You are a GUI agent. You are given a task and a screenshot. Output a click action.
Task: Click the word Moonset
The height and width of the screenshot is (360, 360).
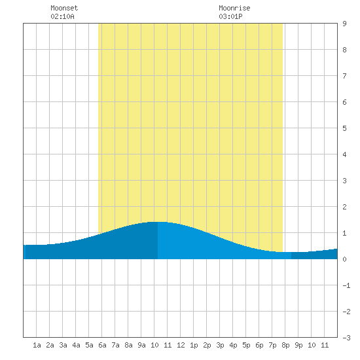point(64,8)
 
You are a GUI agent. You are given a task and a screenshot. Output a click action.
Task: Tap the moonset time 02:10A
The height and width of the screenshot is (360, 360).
point(62,16)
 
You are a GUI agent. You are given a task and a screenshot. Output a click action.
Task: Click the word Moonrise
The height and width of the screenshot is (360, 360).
point(234,8)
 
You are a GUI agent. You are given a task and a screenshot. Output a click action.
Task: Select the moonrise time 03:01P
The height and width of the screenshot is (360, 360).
point(230,16)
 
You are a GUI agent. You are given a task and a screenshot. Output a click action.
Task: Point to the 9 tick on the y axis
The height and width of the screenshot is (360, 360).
point(344,24)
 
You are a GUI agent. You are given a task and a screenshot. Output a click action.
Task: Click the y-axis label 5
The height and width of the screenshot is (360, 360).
point(344,128)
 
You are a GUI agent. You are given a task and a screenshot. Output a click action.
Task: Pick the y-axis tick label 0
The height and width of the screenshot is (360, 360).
point(344,259)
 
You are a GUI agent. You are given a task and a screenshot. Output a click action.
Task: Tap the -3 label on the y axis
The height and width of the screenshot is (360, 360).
point(346,338)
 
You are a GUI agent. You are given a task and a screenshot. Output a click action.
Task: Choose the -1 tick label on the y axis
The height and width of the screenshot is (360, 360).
point(346,285)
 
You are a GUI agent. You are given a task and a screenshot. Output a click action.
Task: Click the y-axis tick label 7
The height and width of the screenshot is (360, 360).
point(344,76)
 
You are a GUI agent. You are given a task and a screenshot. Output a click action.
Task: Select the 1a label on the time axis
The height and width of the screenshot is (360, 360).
point(37,345)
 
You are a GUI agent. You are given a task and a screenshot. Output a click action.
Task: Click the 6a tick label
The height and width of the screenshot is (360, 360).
point(102,345)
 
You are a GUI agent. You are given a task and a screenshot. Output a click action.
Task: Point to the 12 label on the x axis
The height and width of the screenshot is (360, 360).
point(181,345)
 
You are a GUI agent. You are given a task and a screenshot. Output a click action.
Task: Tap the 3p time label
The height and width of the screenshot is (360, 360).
point(220,345)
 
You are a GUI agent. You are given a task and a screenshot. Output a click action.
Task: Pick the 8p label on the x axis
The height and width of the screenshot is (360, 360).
point(285,345)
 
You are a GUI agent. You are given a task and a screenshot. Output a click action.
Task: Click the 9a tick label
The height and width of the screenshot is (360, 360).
point(141,345)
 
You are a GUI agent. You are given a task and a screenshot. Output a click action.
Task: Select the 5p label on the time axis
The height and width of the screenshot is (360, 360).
point(246,345)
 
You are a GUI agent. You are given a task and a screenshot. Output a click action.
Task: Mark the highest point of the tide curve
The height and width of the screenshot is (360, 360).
point(158,222)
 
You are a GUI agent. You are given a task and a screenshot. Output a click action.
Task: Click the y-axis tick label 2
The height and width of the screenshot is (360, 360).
point(344,207)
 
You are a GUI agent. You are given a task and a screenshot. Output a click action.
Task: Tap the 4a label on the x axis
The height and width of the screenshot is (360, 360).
point(76,345)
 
